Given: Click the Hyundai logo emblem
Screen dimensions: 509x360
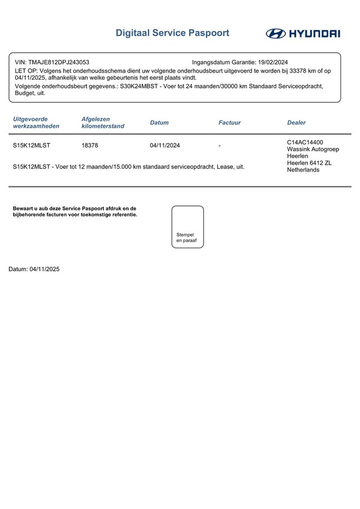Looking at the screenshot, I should pos(276,34).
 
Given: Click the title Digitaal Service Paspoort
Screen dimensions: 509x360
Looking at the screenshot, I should pos(172,33).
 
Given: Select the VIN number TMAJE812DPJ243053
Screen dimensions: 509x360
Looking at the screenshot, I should pos(58,62).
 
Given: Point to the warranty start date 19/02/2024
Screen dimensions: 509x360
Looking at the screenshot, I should pos(273,62).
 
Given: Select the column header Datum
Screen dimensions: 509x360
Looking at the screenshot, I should pos(159,123).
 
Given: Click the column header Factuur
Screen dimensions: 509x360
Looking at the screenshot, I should pos(229,123).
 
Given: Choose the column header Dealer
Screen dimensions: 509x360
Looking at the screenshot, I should pos(296,123).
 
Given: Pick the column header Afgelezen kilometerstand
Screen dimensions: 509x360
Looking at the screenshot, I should pos(102,123).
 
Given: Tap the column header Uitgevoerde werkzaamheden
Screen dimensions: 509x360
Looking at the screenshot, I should pos(36,123).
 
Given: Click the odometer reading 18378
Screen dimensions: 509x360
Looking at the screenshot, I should pos(90,146).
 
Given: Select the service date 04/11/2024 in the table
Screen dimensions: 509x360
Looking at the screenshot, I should pos(165,146).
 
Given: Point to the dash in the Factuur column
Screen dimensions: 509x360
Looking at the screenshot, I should pos(220,146).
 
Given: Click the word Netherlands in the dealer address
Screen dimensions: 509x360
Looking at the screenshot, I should pos(303,170).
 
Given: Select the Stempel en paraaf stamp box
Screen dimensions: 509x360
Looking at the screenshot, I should pos(187,227).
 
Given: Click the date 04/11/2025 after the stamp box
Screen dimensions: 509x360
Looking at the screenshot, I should pos(44,269).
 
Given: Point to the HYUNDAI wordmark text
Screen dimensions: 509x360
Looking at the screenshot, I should pos(314,34).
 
